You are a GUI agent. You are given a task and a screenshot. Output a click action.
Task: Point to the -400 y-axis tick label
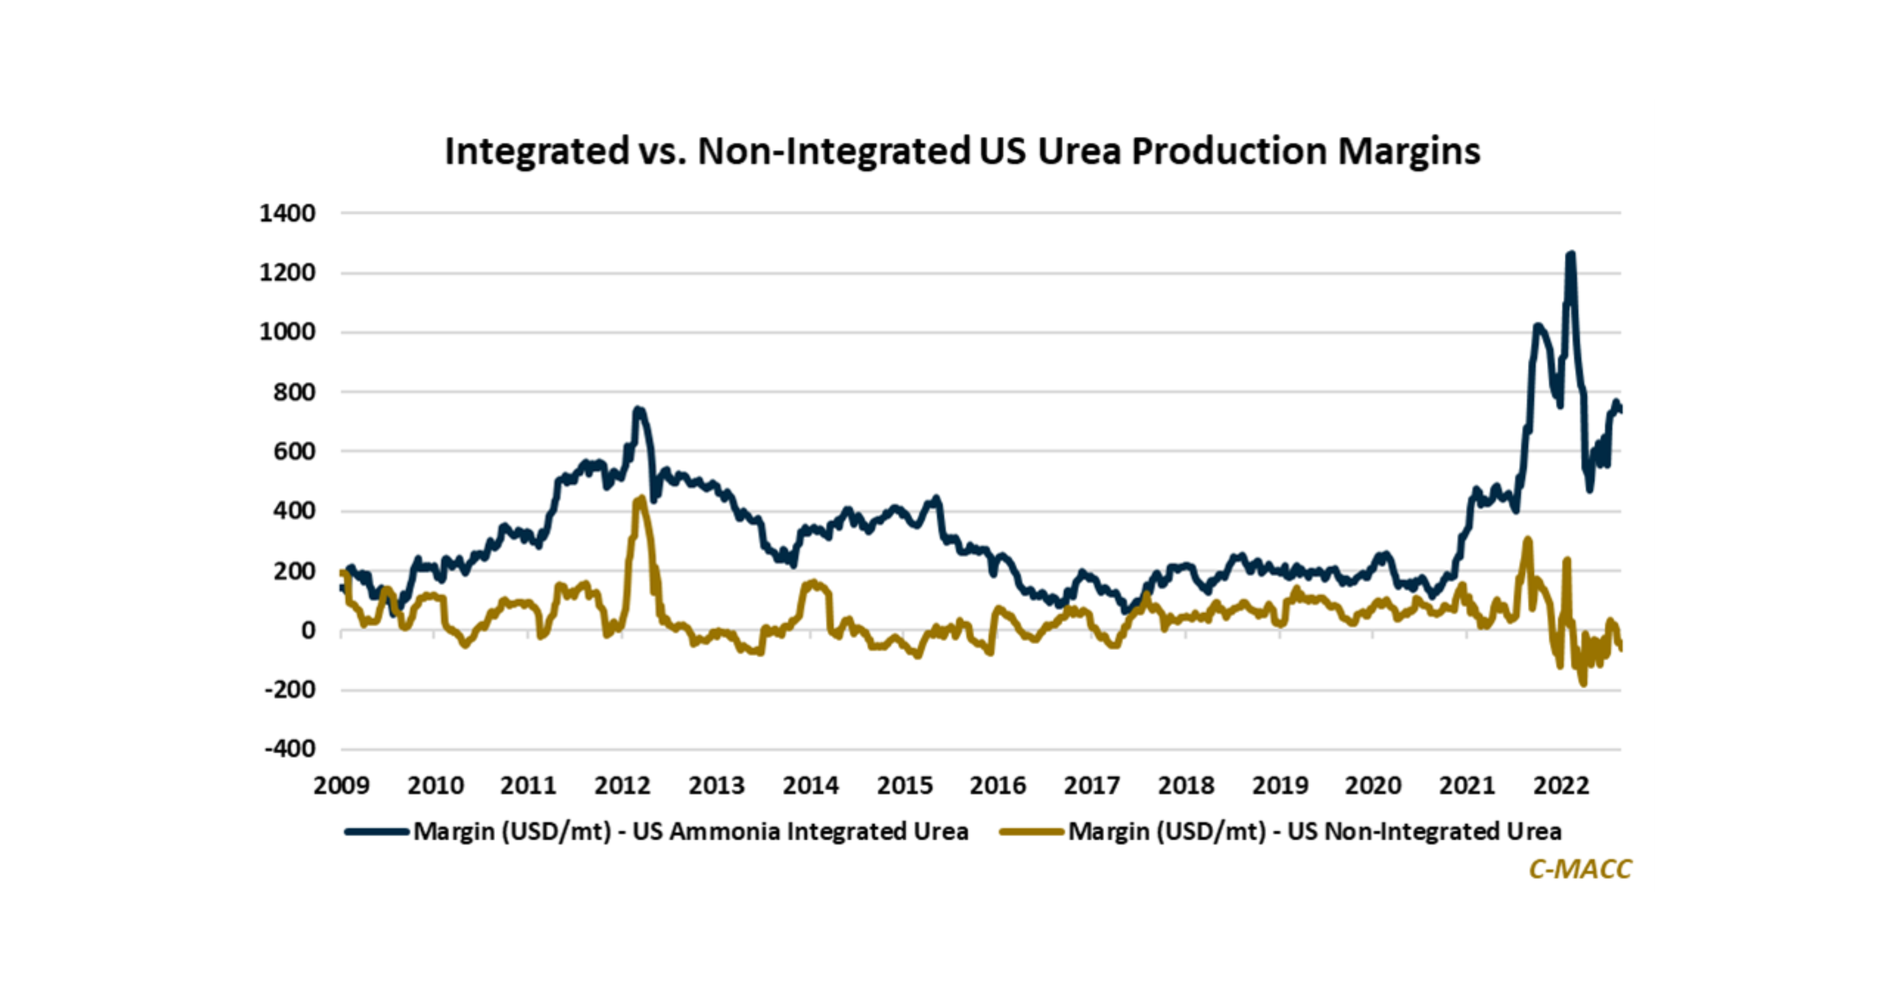290,749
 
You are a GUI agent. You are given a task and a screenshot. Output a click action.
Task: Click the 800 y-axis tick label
294,392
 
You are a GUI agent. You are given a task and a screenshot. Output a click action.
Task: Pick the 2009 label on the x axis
341,786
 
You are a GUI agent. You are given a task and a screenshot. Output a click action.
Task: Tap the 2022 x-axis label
1561,786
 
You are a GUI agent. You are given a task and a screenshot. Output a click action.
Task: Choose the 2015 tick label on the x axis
904,786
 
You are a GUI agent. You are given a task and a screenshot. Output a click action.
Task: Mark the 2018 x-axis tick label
1186,786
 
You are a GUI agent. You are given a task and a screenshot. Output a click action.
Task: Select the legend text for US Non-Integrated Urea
1315,831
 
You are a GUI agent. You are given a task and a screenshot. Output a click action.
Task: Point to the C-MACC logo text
1580,868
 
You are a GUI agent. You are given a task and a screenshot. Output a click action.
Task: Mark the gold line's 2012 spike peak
641,499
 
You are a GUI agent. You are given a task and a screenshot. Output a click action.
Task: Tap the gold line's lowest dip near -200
1583,683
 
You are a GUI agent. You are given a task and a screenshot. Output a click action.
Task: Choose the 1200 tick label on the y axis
287,273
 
